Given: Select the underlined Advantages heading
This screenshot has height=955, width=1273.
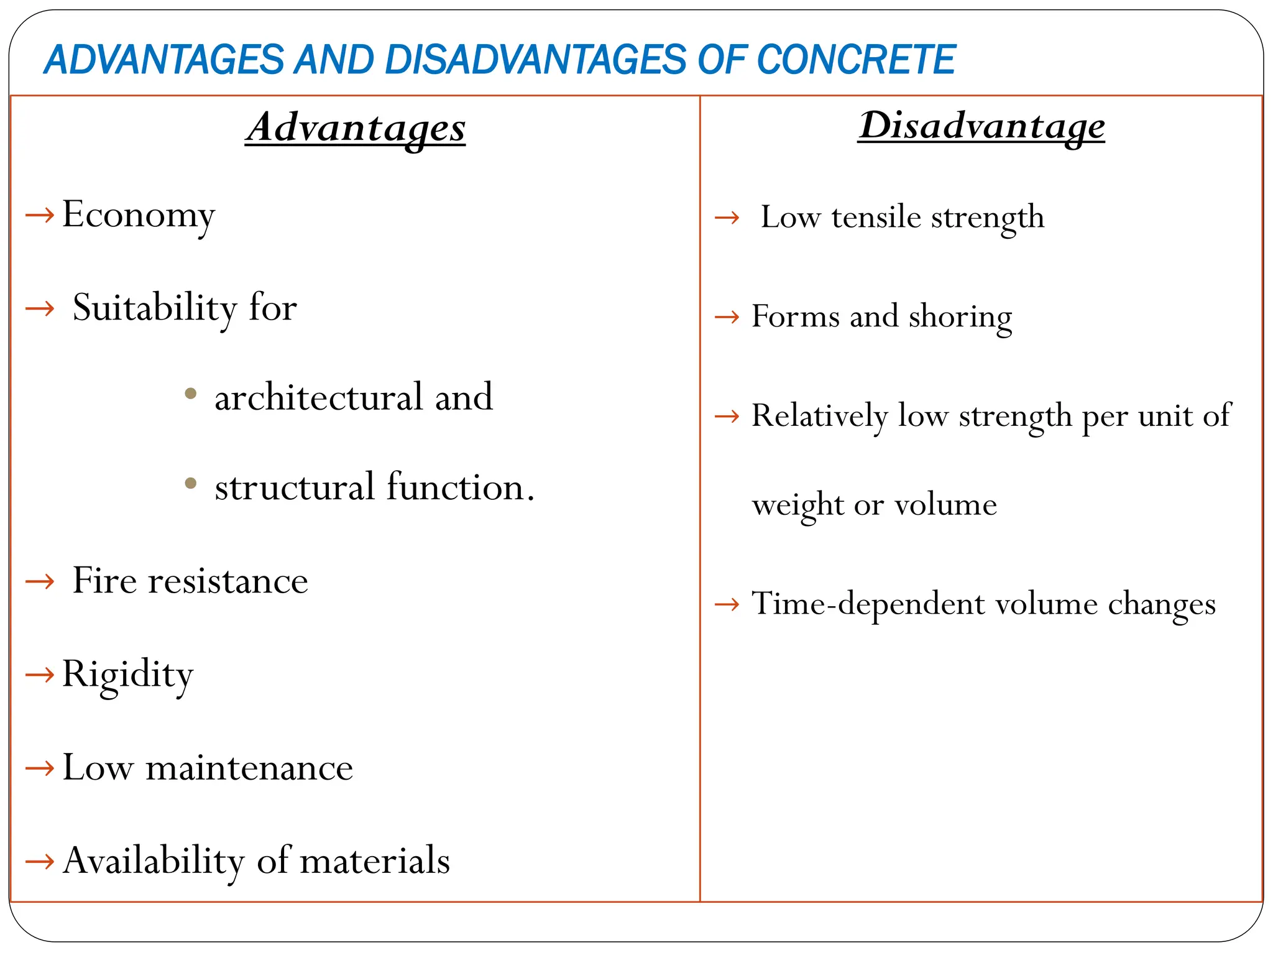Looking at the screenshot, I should pyautogui.click(x=356, y=127).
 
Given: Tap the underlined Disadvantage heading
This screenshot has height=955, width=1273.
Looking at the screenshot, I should pyautogui.click(x=981, y=126).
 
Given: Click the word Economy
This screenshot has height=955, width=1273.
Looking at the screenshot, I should pyautogui.click(x=138, y=215).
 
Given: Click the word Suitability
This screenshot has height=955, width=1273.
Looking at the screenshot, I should pyautogui.click(x=154, y=308).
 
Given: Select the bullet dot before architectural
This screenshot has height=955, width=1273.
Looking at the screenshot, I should pyautogui.click(x=191, y=394).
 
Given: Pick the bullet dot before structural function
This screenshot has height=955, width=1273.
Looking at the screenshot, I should pyautogui.click(x=191, y=483).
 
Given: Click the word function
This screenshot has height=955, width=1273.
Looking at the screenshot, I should pyautogui.click(x=460, y=487).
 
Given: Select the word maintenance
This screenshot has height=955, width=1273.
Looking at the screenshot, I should pyautogui.click(x=249, y=768).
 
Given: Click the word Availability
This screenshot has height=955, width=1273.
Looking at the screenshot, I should pyautogui.click(x=154, y=862).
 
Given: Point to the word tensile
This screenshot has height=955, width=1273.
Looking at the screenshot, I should pyautogui.click(x=876, y=218).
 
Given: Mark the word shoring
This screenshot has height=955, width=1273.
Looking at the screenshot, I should pyautogui.click(x=960, y=317).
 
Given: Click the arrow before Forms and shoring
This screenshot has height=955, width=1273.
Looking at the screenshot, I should pyautogui.click(x=727, y=318).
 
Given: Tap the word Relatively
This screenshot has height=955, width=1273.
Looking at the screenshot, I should pyautogui.click(x=819, y=416).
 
